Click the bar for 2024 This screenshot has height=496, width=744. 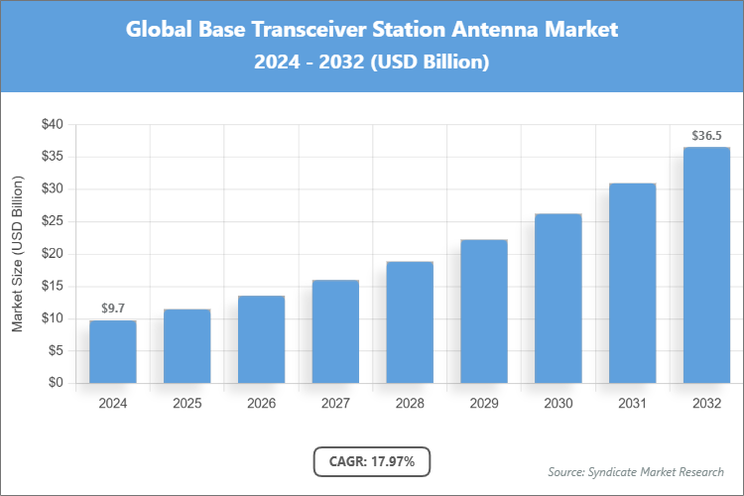[112, 351]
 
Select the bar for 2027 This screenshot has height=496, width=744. [335, 331]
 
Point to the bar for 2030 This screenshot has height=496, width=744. [558, 298]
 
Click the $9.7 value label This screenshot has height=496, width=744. [112, 309]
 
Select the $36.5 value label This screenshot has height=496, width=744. [706, 135]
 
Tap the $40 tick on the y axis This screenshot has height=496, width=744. [52, 125]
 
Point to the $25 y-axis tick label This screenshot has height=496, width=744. [52, 221]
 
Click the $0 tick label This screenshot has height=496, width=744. [56, 383]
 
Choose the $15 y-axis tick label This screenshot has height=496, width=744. [52, 286]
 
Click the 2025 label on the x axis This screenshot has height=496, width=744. [186, 404]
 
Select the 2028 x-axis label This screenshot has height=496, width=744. [410, 404]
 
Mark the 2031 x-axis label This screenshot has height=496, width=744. [633, 404]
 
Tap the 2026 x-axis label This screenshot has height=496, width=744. [261, 404]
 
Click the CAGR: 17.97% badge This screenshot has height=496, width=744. [372, 461]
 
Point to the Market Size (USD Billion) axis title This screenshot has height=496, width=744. [17, 254]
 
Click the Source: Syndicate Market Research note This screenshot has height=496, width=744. [635, 471]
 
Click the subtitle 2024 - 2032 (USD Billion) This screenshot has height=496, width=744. [372, 62]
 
